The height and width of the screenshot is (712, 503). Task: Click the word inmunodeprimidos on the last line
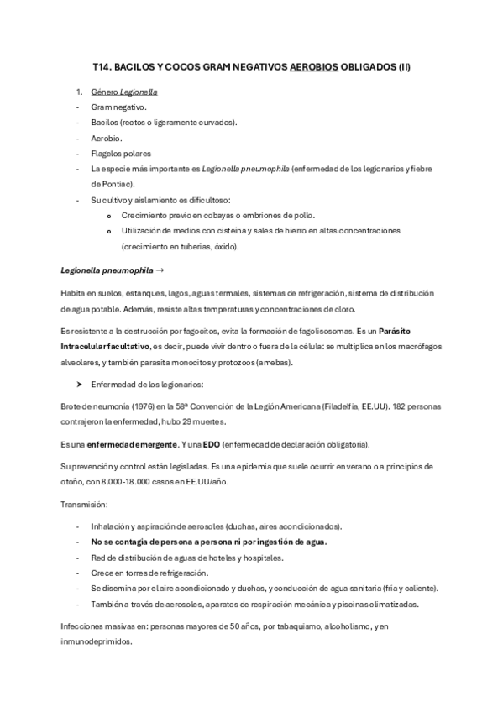97,639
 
